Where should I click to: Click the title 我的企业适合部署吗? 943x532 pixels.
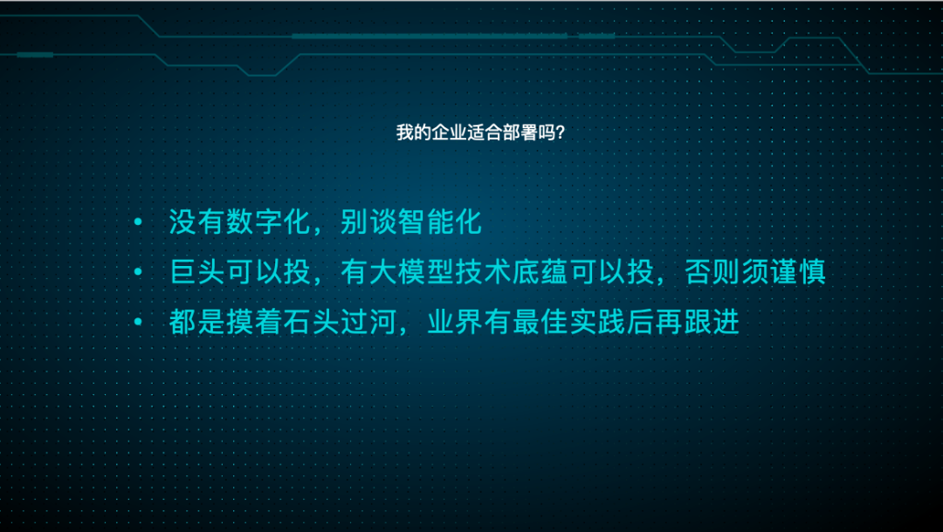coord(479,133)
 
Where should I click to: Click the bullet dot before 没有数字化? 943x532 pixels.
coord(137,223)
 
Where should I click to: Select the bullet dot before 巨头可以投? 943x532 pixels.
coord(137,273)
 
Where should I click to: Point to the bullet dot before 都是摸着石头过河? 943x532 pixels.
coord(137,323)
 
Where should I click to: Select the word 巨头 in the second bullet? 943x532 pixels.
coord(197,272)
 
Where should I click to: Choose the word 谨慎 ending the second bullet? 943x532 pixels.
coord(797,272)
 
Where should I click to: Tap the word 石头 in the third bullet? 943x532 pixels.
coord(311,322)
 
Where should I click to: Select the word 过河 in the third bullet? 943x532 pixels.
coord(368,322)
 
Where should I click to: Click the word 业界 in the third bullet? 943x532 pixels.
coord(454,322)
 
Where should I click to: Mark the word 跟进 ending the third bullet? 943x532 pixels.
coord(712,322)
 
